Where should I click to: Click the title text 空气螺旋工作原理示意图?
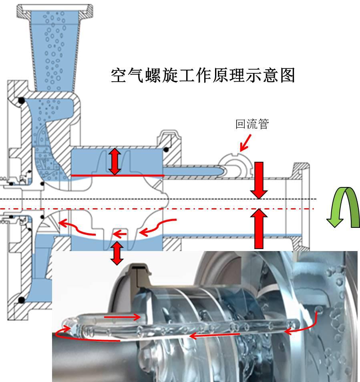point(203,75)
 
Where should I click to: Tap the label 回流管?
point(251,125)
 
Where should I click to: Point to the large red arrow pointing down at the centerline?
point(259,180)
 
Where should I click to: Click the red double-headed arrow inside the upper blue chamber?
point(115,161)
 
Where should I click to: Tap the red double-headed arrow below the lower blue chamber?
point(117,253)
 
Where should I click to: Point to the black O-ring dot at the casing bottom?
point(21,300)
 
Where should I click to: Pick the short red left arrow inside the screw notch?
point(120,234)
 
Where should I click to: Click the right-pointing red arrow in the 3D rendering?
point(122,318)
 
